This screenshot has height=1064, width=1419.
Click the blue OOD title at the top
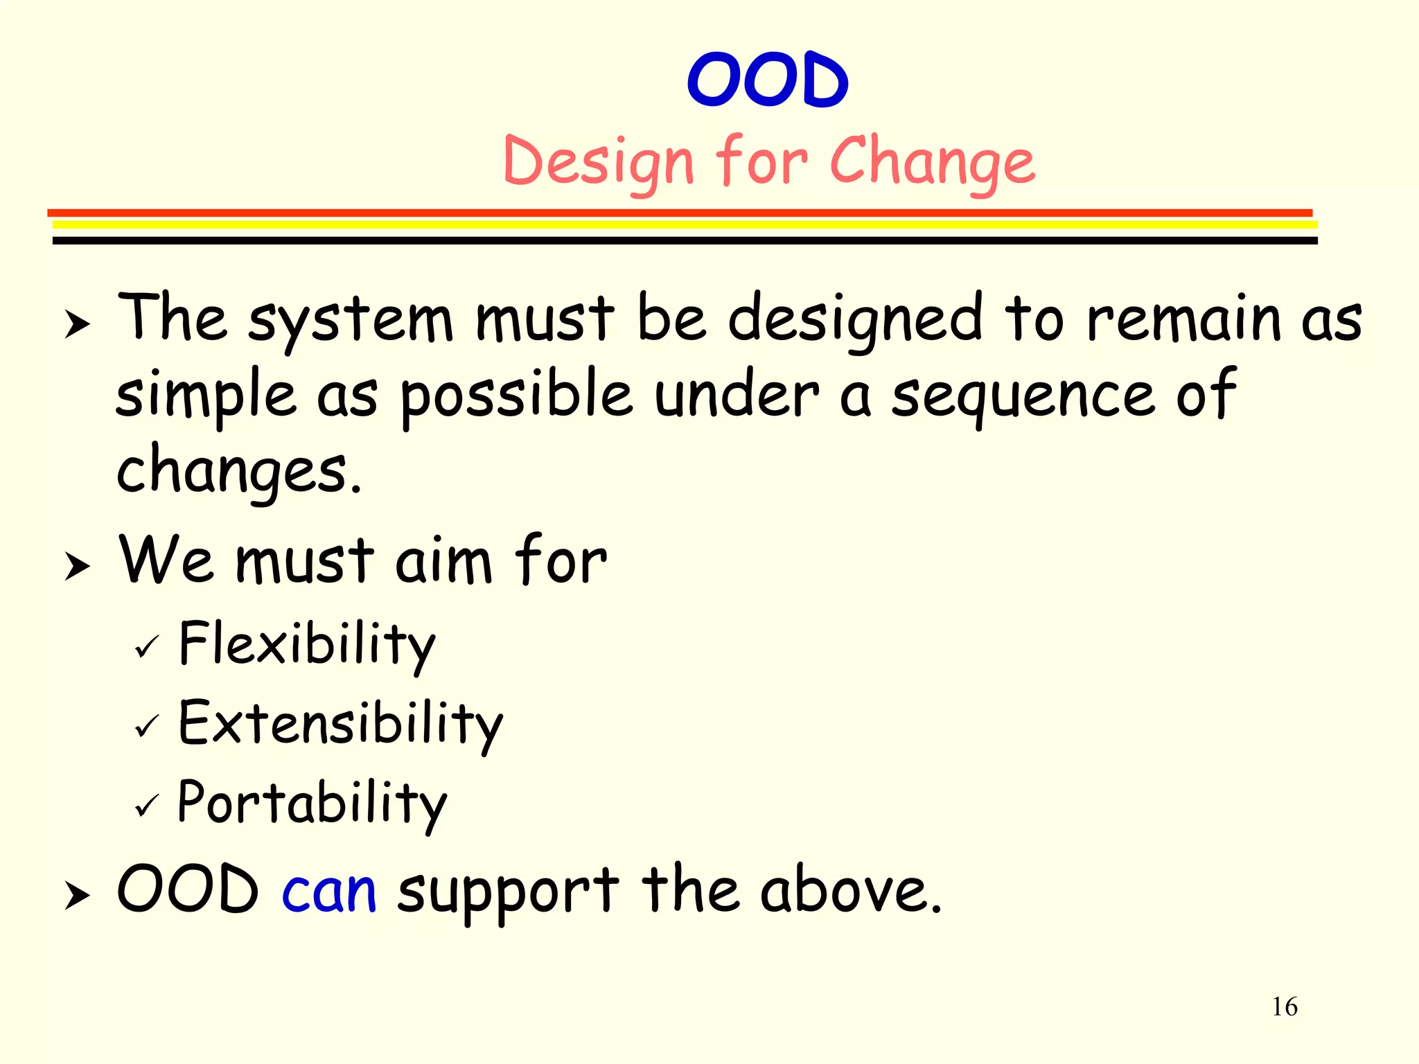pos(767,80)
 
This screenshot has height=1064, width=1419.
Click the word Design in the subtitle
pos(597,162)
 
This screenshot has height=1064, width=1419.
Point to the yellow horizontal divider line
pos(685,224)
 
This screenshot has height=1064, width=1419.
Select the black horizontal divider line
pos(685,240)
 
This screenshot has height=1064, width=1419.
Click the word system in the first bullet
pos(350,320)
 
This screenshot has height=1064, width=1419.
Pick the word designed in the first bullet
pos(855,320)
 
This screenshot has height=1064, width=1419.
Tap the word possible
pos(516,396)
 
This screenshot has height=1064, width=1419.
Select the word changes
pos(237,471)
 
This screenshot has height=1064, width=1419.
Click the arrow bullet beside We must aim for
pos(77,566)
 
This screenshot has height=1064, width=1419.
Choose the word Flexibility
pos(306,644)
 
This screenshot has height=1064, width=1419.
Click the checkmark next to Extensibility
pos(147,727)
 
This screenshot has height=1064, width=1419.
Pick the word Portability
pos(312,804)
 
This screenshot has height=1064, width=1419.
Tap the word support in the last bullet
pos(507,892)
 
